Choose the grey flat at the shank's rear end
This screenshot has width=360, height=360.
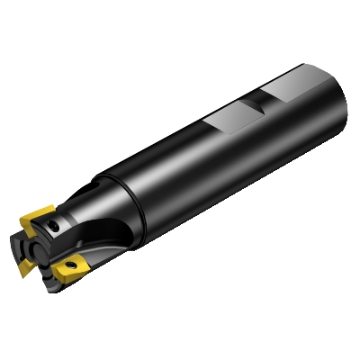click(287, 94)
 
